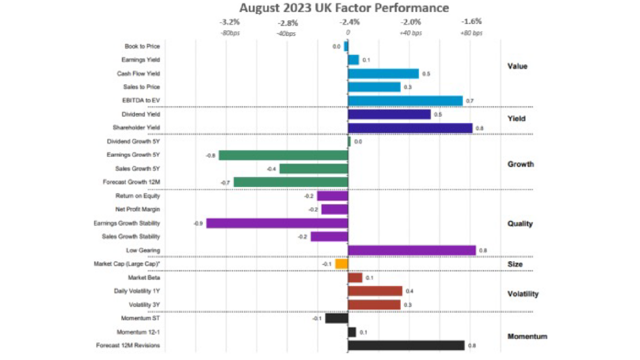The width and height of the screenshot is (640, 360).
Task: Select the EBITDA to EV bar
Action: coord(405,101)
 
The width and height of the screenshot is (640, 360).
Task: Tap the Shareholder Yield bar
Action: coord(410,128)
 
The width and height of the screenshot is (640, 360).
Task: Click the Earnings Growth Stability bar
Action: coord(277,223)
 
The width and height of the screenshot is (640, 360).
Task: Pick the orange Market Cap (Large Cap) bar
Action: coord(341,264)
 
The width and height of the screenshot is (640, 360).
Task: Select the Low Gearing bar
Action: coord(411,250)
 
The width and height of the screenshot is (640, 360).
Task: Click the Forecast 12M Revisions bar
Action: coord(406,345)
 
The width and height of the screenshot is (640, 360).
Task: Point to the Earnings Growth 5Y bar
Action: coord(283,155)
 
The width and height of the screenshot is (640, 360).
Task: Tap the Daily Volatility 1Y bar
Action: coord(375,291)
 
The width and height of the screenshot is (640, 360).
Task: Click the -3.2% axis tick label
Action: coord(229,22)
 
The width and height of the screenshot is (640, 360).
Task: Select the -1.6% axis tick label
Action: coord(471,21)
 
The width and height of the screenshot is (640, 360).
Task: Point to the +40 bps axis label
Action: coord(411,33)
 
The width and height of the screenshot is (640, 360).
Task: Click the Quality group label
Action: coord(520,223)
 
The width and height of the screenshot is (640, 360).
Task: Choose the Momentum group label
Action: coord(527,336)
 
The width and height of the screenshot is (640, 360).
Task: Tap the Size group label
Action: coord(515,264)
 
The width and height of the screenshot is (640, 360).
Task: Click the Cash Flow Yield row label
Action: coord(138,73)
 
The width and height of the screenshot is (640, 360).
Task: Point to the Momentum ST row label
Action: coord(140,318)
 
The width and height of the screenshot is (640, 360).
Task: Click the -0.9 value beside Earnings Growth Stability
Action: coord(197,223)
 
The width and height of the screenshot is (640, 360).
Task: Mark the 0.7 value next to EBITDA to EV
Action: coord(469,101)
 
